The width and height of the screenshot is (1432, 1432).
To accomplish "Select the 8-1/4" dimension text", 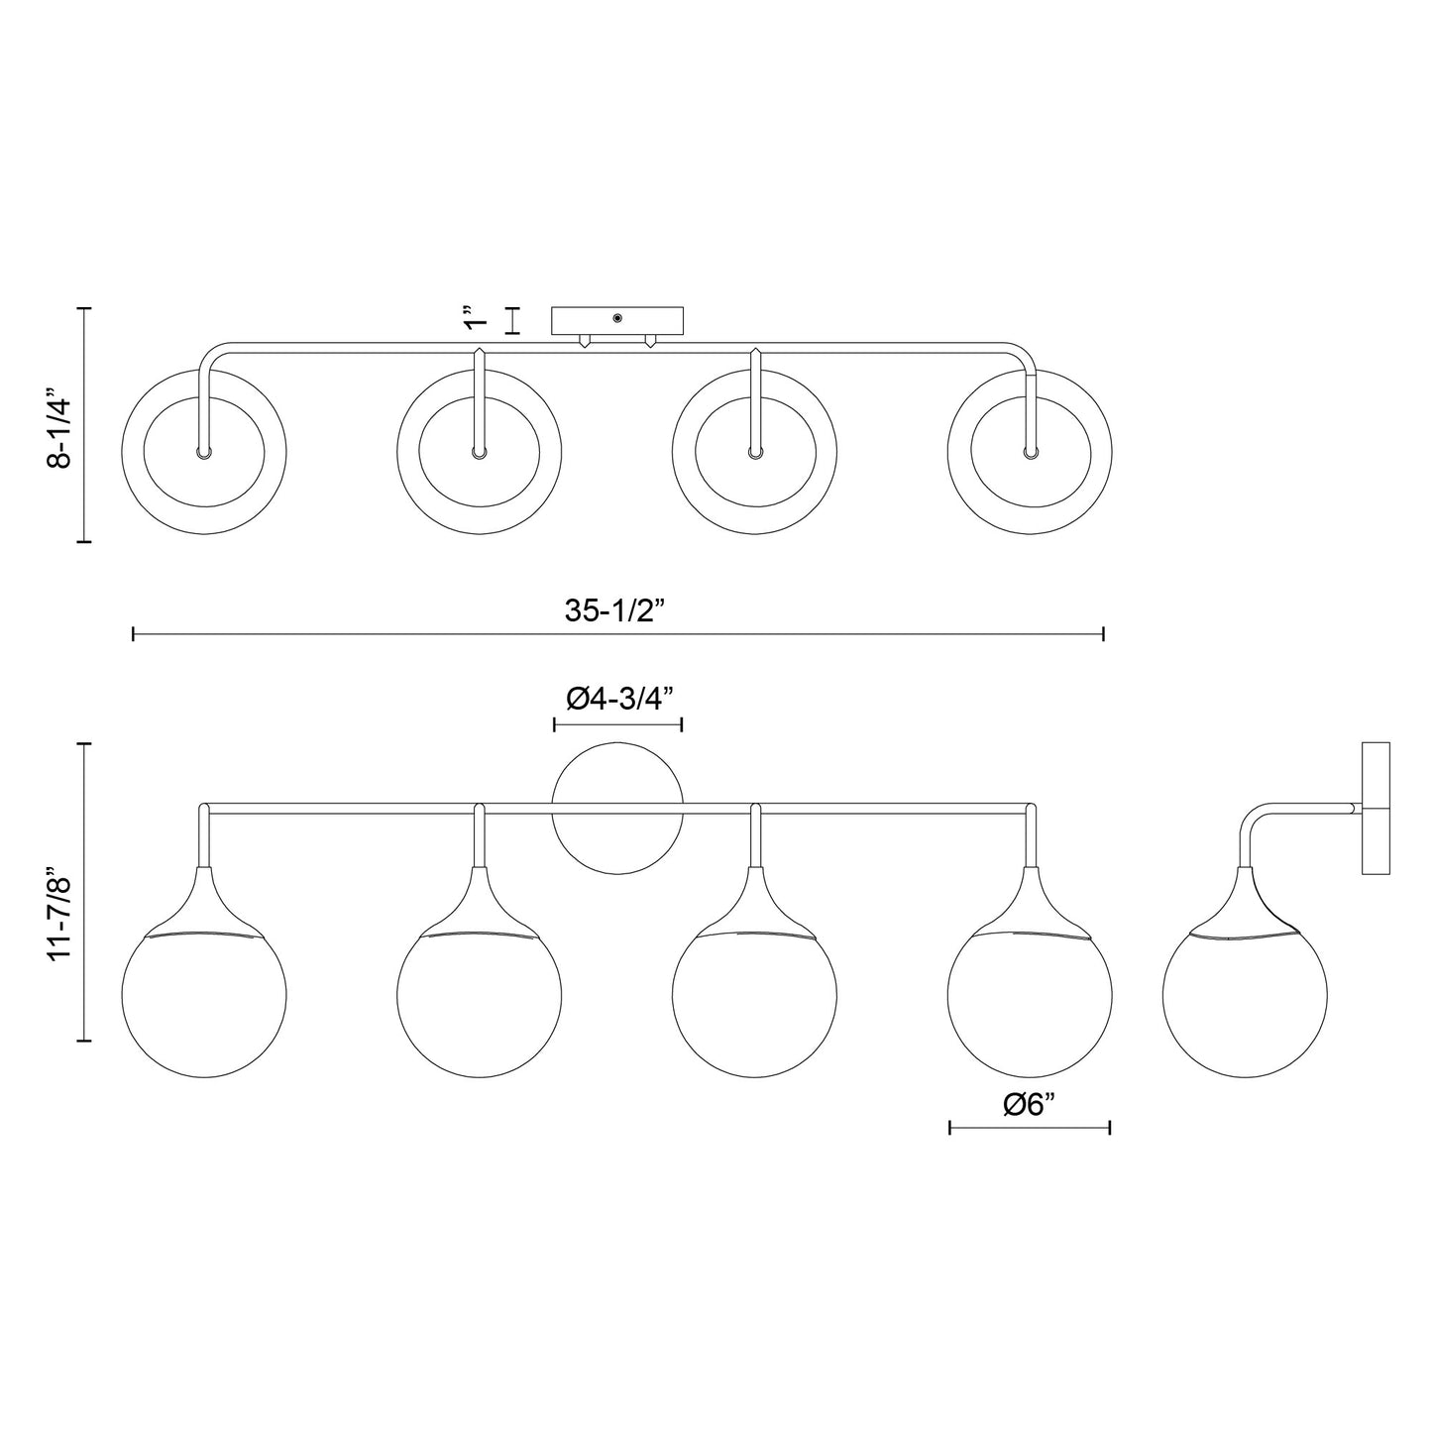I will [x=60, y=432].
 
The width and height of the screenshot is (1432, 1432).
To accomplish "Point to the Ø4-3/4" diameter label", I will [x=619, y=699].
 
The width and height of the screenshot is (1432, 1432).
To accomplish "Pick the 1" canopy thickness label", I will [x=477, y=320].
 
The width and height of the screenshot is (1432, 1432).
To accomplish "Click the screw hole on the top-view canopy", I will [x=617, y=318].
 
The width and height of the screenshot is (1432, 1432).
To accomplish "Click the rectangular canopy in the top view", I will [x=617, y=321].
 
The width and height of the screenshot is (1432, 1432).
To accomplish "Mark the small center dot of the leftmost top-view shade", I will [x=203, y=452].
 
